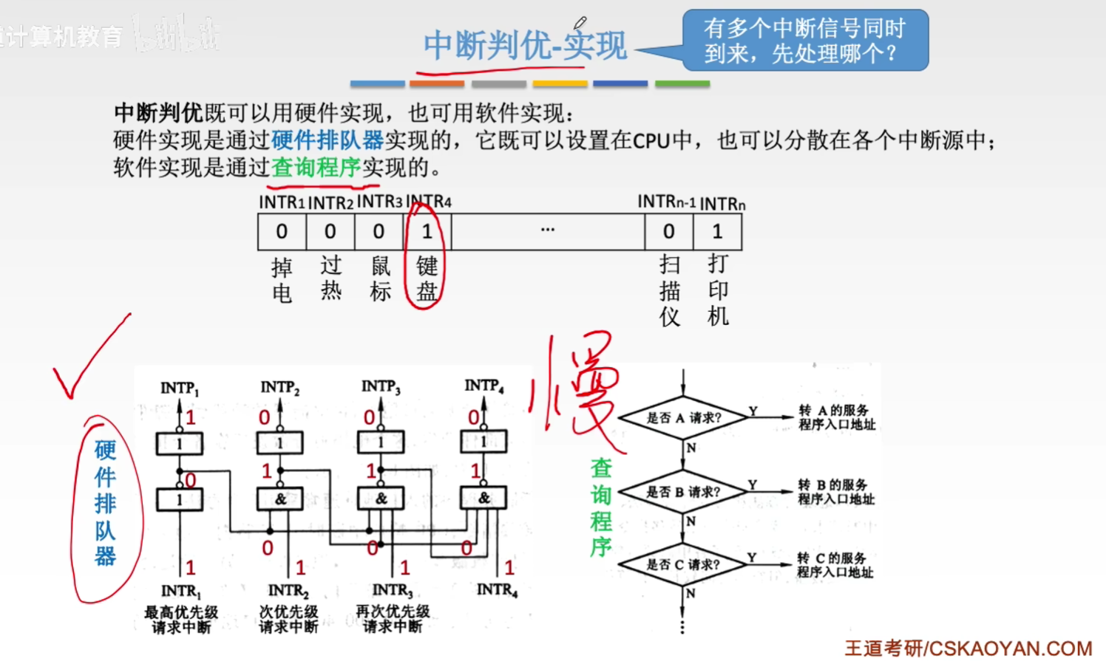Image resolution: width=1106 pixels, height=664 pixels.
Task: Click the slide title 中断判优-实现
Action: click(x=525, y=46)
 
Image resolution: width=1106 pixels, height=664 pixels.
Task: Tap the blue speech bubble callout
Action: click(x=804, y=41)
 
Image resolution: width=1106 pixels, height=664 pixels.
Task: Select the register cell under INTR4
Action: click(x=427, y=232)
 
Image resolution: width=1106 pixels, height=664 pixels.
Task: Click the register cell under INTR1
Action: click(x=282, y=232)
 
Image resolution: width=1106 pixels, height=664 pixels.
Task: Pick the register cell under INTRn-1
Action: click(x=668, y=232)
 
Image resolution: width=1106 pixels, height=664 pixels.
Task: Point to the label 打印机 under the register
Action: click(x=718, y=290)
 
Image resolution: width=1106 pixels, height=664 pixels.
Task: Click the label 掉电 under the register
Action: click(x=282, y=280)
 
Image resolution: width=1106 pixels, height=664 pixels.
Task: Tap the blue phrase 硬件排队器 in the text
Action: click(x=328, y=140)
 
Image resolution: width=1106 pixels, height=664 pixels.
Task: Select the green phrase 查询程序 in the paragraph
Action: click(x=316, y=168)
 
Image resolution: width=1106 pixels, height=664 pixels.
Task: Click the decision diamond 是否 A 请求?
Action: click(x=683, y=418)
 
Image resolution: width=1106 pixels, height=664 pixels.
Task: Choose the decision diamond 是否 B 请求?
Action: click(x=683, y=492)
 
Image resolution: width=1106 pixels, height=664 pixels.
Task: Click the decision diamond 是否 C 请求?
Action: click(x=682, y=565)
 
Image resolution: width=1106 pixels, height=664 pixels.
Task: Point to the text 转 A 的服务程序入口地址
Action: click(x=836, y=417)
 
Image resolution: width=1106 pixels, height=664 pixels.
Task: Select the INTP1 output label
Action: click(x=180, y=389)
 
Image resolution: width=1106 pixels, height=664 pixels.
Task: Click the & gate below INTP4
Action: click(x=484, y=499)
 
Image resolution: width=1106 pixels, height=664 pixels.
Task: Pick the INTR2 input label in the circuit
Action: click(x=288, y=591)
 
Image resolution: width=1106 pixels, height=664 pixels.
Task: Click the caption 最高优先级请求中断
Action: click(x=181, y=620)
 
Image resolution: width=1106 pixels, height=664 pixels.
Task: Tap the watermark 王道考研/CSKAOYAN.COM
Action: click(x=968, y=648)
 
